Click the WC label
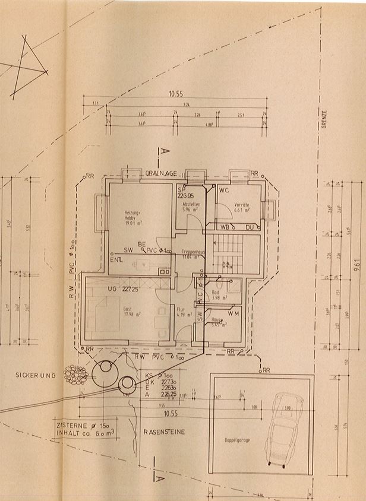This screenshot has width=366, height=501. [224, 191]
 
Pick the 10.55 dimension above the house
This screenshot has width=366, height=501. [175, 94]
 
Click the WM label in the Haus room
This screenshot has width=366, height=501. [234, 313]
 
